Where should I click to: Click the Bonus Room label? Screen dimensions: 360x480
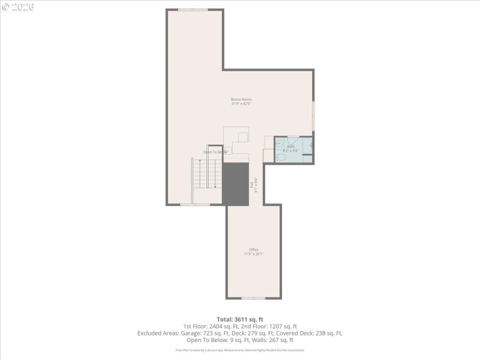pyautogui.click(x=241, y=99)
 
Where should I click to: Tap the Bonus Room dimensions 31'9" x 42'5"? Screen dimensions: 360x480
pyautogui.click(x=241, y=104)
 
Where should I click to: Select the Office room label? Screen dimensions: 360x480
pyautogui.click(x=254, y=250)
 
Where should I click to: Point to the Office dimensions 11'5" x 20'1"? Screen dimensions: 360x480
pyautogui.click(x=254, y=254)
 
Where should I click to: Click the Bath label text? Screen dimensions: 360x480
pyautogui.click(x=290, y=146)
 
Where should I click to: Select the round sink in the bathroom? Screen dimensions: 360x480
pyautogui.click(x=278, y=144)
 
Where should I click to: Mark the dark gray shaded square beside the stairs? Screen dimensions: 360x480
pyautogui.click(x=235, y=184)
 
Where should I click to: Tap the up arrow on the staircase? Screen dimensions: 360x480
pyautogui.click(x=200, y=171)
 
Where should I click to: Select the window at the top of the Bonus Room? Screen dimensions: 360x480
pyautogui.click(x=193, y=10)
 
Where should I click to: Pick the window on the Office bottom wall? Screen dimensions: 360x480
pyautogui.click(x=253, y=298)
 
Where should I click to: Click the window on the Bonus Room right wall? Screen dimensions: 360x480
pyautogui.click(x=313, y=114)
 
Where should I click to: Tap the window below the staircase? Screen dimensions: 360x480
pyautogui.click(x=195, y=205)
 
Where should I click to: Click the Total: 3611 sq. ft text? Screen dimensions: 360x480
pyautogui.click(x=240, y=319)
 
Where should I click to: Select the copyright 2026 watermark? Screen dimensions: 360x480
pyautogui.click(x=18, y=7)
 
